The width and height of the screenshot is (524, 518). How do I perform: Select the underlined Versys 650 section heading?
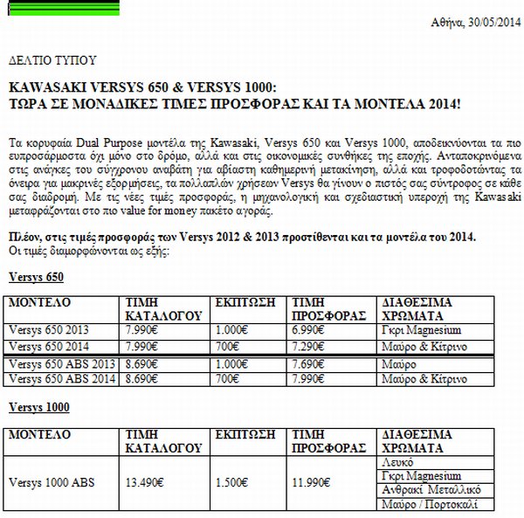coord(35,278)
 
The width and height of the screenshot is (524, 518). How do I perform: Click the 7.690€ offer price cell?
coord(311,363)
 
